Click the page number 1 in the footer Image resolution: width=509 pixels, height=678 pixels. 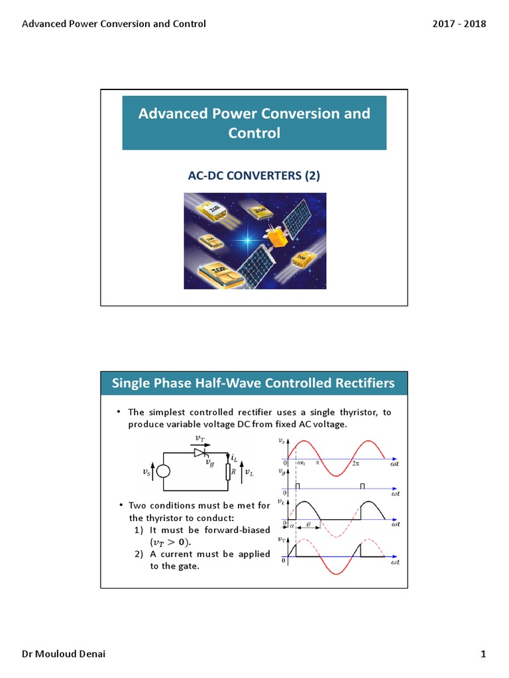point(483,655)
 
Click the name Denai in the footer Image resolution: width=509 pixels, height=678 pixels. point(89,655)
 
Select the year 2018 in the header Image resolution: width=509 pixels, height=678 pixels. point(475,24)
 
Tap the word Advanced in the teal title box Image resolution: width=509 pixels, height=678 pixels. point(168,113)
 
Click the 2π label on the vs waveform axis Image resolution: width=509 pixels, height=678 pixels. point(356,463)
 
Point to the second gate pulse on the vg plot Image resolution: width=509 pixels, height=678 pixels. point(362,486)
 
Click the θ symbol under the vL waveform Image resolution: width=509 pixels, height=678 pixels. point(308,523)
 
